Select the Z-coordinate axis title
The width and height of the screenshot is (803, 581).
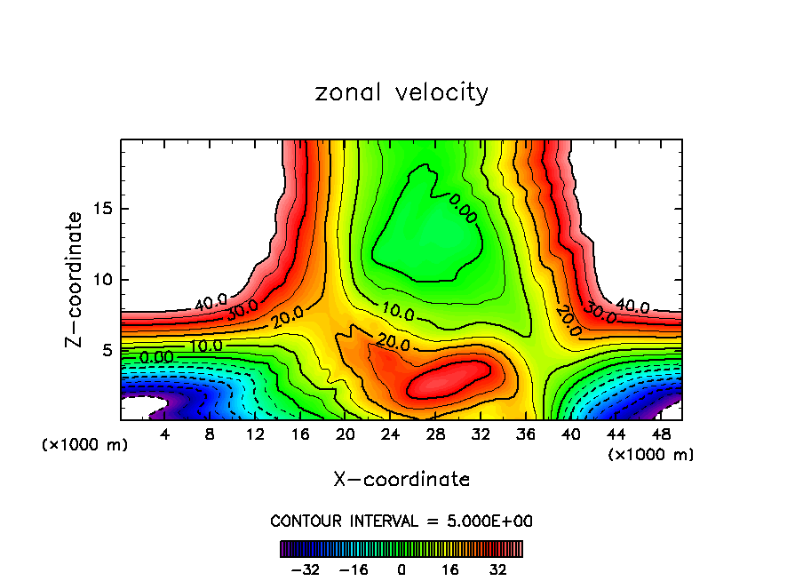coord(74,279)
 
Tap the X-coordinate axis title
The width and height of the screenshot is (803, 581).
coord(401,480)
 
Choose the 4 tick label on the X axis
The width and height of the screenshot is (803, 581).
coord(165,434)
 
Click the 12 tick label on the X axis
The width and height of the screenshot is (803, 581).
coord(255,434)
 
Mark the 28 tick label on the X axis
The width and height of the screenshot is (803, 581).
coord(435,434)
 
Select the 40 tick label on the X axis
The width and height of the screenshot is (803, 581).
coord(570,434)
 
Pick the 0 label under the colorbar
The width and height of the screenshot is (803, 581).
coord(401,569)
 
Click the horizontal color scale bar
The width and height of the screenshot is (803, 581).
coord(401,548)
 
